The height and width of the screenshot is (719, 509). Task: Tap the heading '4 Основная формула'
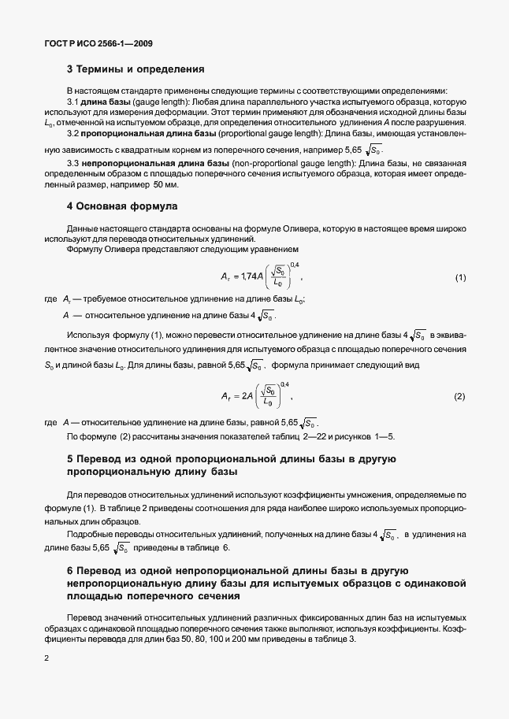122,206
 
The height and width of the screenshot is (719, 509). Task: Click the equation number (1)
460,279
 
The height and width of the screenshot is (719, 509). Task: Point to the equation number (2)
460,395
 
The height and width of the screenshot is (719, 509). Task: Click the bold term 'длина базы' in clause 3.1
102,102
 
